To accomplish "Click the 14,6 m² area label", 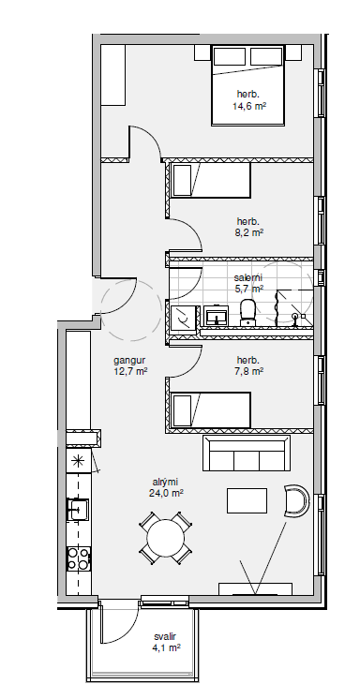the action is tap(249, 106).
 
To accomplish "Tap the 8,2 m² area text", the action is tap(249, 232).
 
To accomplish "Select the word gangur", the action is tap(129, 360).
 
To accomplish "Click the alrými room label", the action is tap(166, 482).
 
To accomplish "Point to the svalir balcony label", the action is tap(165, 637).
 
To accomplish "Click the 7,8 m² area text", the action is tap(249, 371).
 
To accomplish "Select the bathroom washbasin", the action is tap(217, 316).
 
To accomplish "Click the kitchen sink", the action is tap(79, 509).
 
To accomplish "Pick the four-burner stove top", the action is tap(78, 559).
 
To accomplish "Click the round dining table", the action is tap(166, 537).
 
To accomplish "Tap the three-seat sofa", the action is tap(247, 453).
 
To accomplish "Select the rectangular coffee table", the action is tap(247, 500).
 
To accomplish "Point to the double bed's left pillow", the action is tap(230, 56).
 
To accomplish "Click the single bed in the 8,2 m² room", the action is tap(211, 180).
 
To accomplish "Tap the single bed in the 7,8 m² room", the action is tap(211, 409).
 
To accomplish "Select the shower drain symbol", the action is tap(295, 318).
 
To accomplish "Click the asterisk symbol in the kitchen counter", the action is tap(78, 461).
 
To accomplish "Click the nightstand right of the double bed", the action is tap(293, 52).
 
